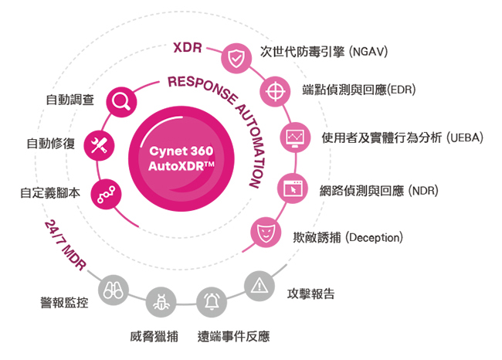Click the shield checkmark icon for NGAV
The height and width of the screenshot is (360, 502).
tap(236, 58)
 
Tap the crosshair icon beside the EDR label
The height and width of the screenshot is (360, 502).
tap(275, 92)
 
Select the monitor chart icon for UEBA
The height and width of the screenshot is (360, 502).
tap(295, 138)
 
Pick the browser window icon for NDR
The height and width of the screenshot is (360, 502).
tap(293, 188)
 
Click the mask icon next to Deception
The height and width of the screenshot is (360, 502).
tap(266, 232)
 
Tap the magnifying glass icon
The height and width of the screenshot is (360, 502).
tap(121, 102)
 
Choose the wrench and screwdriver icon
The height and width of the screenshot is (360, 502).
tap(99, 145)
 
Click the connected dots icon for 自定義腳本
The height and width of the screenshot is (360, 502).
tap(106, 194)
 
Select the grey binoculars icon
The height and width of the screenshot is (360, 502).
tap(114, 290)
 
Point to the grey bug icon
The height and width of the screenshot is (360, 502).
tap(161, 302)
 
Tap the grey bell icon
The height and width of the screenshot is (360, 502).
tap(212, 302)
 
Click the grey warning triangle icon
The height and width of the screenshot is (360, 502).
tap(259, 286)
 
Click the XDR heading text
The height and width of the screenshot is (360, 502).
tap(188, 48)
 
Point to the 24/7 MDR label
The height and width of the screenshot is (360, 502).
tap(66, 246)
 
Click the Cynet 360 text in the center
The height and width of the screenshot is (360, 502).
tap(181, 151)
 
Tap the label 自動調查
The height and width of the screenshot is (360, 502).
tap(70, 100)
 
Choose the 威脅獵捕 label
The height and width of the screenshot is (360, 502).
tap(154, 336)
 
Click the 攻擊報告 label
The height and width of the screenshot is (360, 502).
tap(311, 294)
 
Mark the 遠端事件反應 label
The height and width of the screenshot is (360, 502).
tap(234, 336)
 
